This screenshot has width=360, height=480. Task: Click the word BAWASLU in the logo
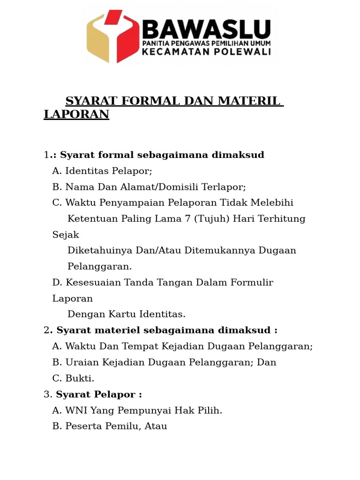(206, 29)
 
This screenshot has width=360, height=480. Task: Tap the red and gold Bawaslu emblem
(112, 36)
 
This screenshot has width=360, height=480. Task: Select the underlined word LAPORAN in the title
(76, 114)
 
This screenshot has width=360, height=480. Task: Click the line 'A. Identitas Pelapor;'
(102, 171)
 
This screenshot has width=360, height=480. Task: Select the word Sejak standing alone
(66, 234)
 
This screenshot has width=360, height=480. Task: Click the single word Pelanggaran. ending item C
(100, 266)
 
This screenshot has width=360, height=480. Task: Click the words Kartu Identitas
(150, 314)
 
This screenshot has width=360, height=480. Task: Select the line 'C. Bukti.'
(73, 378)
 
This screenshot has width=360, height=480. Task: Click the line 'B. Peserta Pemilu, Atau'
(110, 426)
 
